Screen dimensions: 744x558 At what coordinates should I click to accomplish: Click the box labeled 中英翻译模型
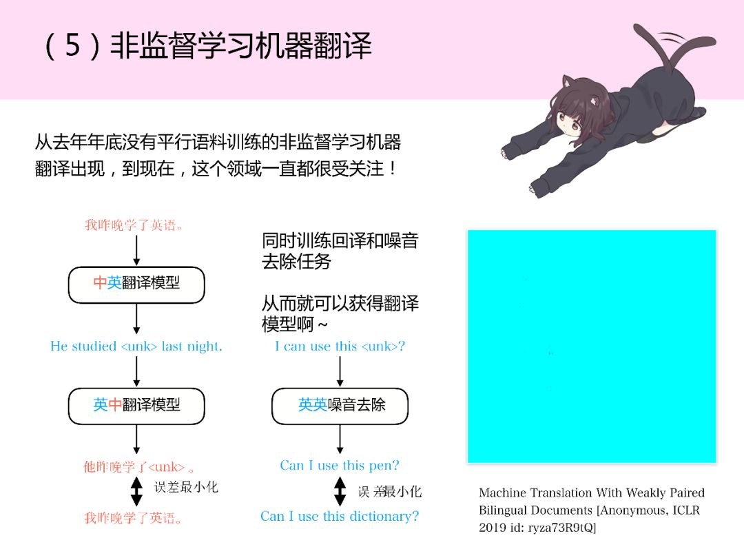pyautogui.click(x=136, y=284)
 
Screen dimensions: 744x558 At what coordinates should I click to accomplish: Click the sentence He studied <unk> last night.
pyautogui.click(x=136, y=347)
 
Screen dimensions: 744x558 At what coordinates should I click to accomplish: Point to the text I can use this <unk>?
pyautogui.click(x=340, y=347)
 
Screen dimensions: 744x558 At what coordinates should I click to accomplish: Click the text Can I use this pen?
pyautogui.click(x=340, y=466)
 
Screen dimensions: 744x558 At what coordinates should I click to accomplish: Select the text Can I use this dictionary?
pyautogui.click(x=340, y=516)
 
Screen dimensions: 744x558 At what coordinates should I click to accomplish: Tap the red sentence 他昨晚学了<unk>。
pyautogui.click(x=136, y=466)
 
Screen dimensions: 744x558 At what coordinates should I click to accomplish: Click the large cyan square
pyautogui.click(x=592, y=346)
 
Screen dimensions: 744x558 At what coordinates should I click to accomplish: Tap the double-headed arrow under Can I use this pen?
pyautogui.click(x=340, y=490)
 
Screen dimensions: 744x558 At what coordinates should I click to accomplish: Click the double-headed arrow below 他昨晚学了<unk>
pyautogui.click(x=136, y=490)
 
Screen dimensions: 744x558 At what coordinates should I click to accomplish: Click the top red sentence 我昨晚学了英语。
pyautogui.click(x=136, y=225)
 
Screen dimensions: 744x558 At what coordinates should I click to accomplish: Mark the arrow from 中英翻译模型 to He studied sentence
pyautogui.click(x=136, y=319)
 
